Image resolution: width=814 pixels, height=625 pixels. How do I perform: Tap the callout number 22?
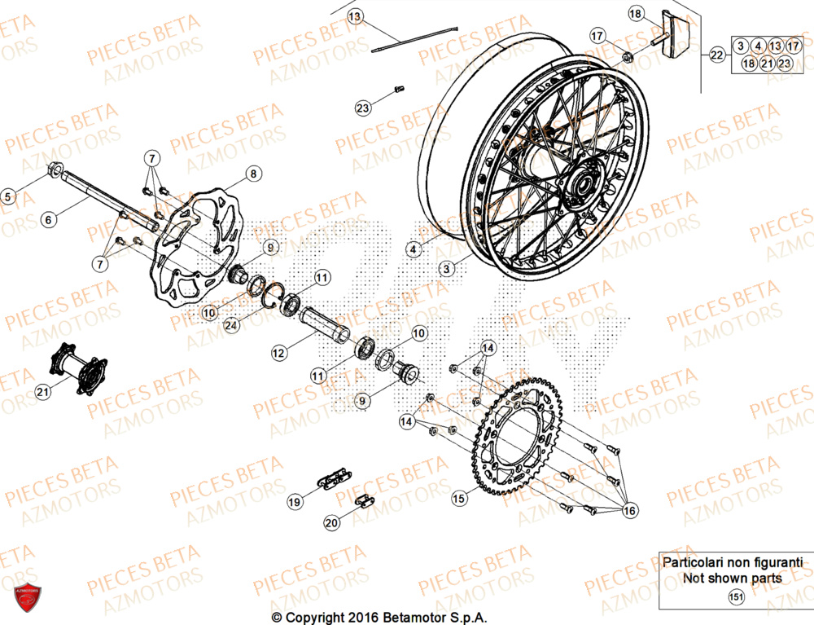click(x=716, y=55)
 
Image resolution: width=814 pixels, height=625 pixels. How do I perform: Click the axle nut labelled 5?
click(x=55, y=170)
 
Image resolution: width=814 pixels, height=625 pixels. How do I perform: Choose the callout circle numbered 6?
click(x=48, y=219)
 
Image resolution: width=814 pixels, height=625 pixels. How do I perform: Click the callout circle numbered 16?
click(x=629, y=510)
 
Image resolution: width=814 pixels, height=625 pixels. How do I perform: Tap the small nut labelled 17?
click(x=628, y=56)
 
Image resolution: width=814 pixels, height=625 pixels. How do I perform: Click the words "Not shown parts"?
click(x=733, y=579)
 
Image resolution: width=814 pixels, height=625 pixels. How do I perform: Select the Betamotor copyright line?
click(x=400, y=617)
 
